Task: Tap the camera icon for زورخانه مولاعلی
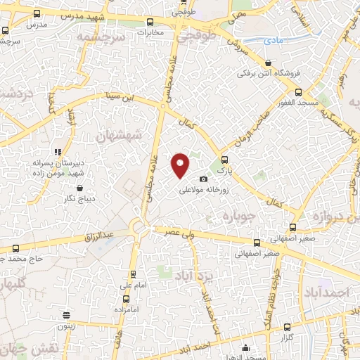point(204,179)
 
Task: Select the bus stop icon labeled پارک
point(224,159)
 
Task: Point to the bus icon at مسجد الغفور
point(299,92)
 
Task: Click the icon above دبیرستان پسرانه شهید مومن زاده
point(58,151)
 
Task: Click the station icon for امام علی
point(132,275)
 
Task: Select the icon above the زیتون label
point(66,316)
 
